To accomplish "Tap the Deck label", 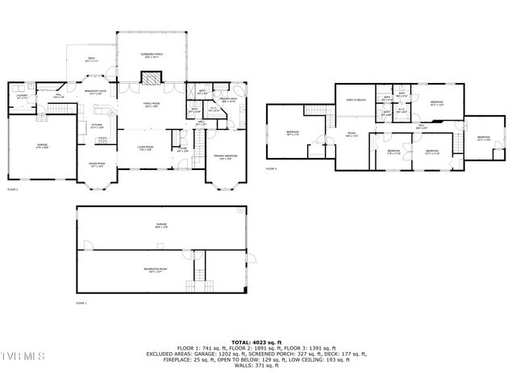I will (91, 59).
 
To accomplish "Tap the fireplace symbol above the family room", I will (149, 78).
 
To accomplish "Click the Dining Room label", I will (97, 164).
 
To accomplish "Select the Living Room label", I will (145, 147).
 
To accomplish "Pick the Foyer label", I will (182, 148).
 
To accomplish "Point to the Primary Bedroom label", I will (225, 157).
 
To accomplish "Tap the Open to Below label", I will (356, 100).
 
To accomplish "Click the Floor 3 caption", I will (272, 169).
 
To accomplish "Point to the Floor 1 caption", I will (81, 303).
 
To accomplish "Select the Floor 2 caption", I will (13, 189).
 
